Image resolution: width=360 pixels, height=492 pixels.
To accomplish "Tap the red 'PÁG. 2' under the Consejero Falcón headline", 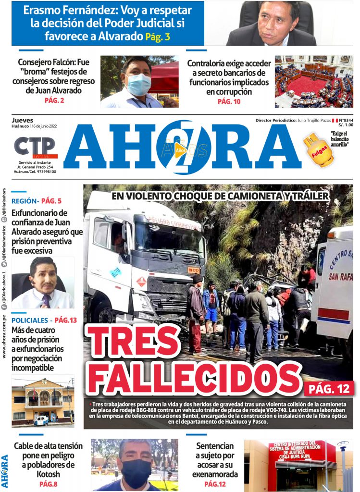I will tap(54, 100).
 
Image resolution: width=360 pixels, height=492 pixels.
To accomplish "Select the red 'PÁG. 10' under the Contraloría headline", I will tap(229, 101).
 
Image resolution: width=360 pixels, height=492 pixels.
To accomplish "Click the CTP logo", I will tap(35, 148).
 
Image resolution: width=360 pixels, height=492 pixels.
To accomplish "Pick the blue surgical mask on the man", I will tap(139, 84).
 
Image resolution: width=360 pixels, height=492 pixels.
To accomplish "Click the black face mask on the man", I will tap(136, 469).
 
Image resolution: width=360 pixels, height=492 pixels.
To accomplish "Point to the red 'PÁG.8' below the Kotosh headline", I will tap(48, 484).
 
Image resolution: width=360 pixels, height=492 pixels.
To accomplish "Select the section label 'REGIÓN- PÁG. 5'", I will tap(37, 201).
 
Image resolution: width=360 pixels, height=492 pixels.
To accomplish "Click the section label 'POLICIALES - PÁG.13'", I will tap(44, 320).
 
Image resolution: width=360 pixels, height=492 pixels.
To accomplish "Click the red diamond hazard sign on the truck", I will tap(141, 281).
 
